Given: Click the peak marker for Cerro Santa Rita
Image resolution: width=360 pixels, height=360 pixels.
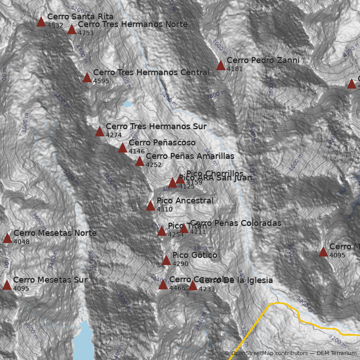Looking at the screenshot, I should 41,22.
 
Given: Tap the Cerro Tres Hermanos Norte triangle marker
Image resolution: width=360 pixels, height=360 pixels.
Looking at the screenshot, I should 72,30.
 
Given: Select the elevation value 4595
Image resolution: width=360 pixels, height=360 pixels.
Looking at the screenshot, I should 101,81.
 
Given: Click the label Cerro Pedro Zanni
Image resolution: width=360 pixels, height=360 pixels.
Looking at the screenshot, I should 263,60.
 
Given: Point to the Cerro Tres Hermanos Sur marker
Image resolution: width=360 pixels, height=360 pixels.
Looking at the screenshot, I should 99,132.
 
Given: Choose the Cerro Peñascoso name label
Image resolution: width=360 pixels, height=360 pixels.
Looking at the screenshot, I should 162,143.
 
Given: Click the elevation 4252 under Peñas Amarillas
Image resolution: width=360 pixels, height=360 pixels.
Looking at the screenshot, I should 153,165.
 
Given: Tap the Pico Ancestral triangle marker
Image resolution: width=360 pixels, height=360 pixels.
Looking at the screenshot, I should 150,206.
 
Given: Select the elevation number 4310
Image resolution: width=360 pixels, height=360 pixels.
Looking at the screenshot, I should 164,209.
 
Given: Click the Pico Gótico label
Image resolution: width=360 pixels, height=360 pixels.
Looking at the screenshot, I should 194,255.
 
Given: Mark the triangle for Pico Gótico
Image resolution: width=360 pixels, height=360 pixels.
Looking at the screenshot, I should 166,261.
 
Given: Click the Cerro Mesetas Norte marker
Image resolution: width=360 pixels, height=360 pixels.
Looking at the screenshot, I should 7,238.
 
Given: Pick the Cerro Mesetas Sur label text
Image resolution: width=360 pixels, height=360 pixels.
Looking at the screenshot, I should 50,280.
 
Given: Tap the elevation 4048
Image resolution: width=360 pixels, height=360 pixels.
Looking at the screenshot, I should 21,242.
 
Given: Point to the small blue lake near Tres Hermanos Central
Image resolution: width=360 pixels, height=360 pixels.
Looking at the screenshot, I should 127,104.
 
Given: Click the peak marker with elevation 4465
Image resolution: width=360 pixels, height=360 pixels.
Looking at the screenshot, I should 163,285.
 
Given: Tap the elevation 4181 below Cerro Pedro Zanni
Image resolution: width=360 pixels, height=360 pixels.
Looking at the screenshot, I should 234,69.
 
